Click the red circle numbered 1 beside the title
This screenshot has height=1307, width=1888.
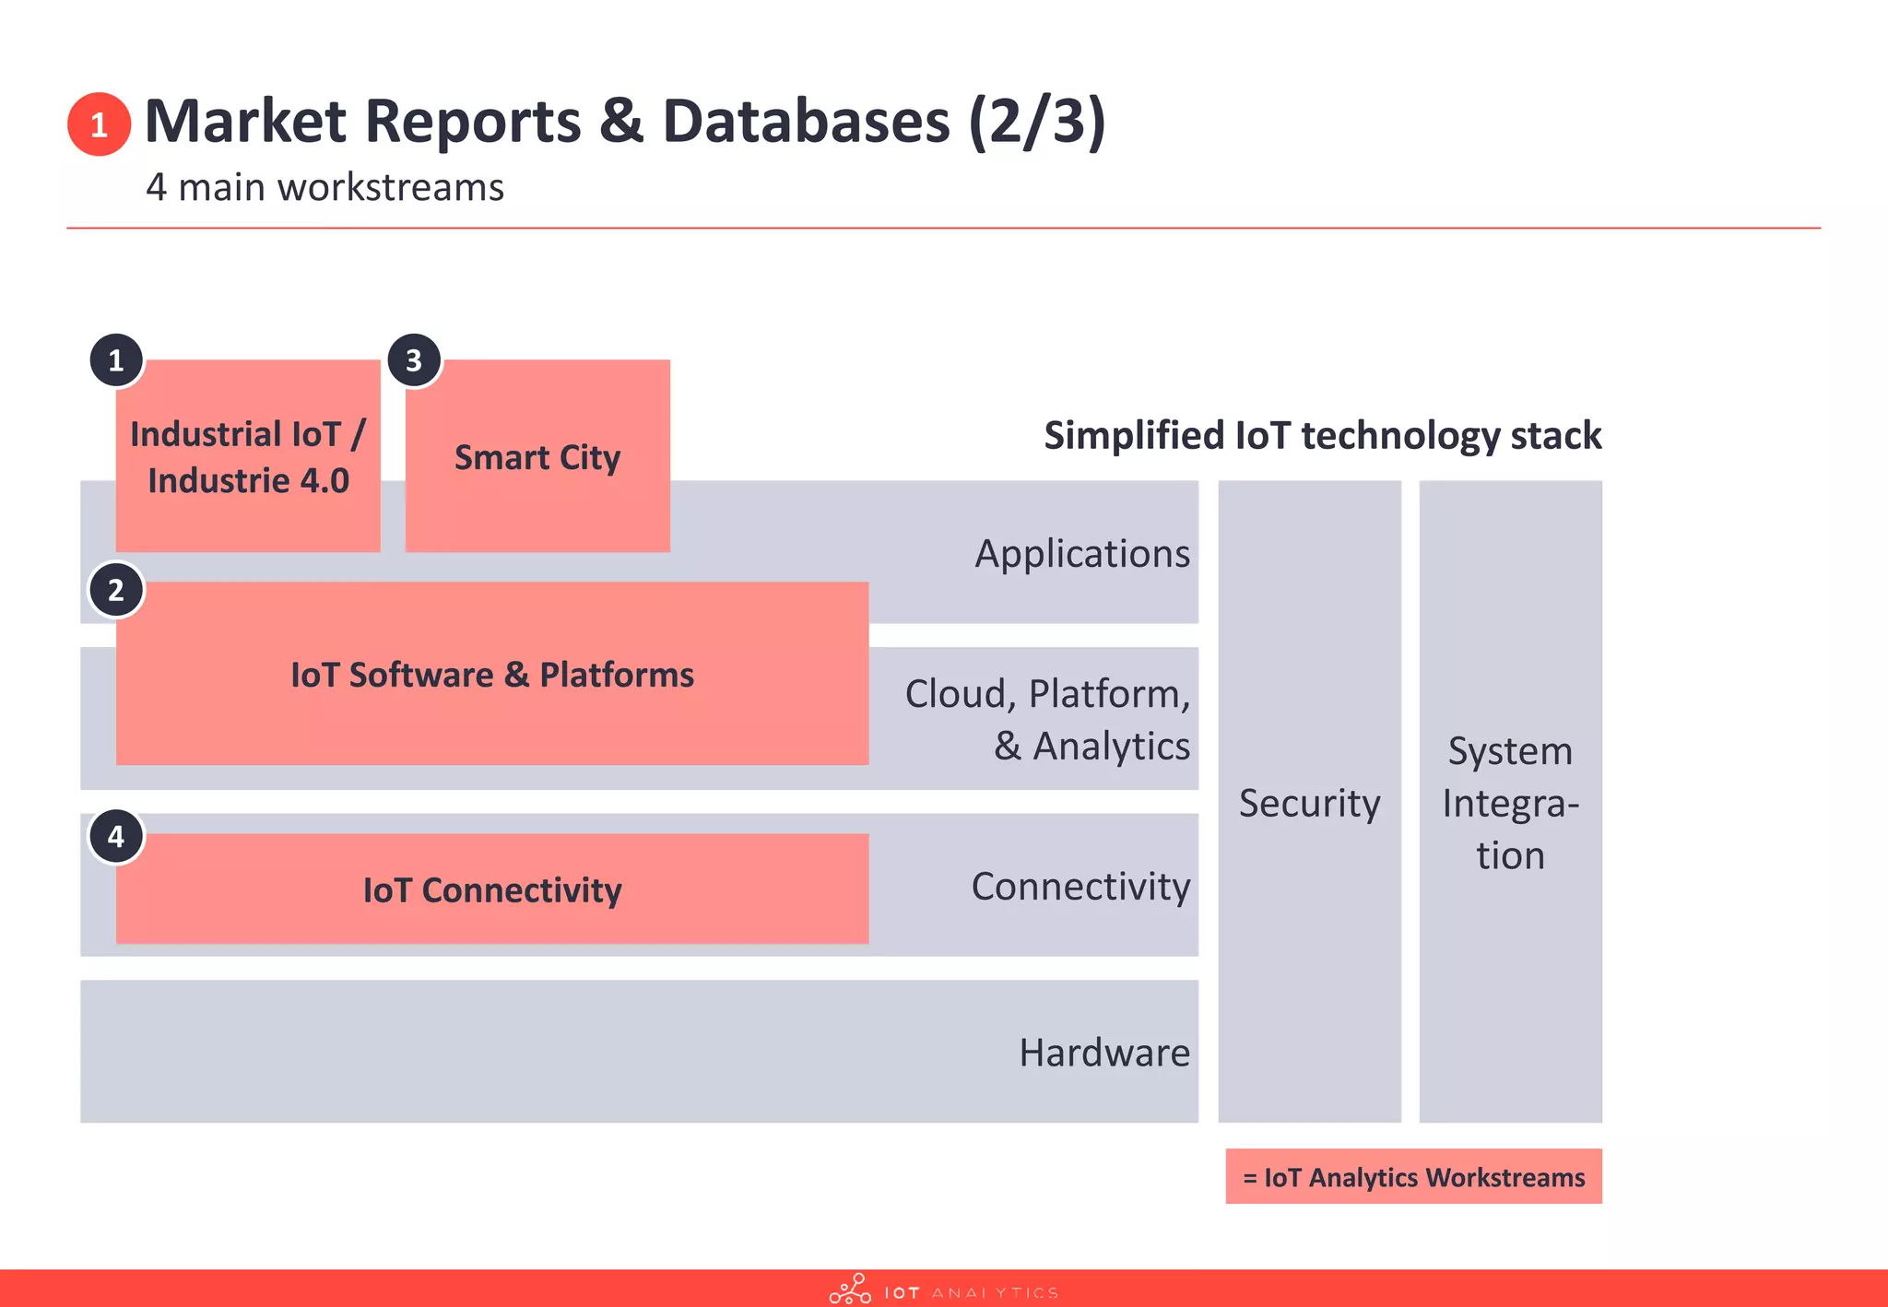pos(99,124)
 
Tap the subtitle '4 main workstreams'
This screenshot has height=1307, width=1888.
pos(324,187)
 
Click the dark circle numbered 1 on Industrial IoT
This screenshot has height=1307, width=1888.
pos(116,360)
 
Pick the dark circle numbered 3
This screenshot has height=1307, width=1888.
pos(414,360)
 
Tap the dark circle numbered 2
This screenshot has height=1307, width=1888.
pos(116,590)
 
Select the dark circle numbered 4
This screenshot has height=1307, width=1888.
pos(116,837)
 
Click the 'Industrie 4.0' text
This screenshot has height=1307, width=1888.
pos(248,481)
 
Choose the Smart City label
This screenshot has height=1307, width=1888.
pos(537,457)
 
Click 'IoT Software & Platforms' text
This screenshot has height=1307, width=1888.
pos(491,675)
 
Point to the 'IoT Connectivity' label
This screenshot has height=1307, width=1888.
pos(491,890)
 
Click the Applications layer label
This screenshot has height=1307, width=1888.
pos(1082,554)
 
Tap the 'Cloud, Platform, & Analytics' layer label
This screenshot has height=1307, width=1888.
pos(1047,720)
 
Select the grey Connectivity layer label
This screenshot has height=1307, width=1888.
pos(1080,887)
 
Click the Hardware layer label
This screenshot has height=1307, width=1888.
pos(1104,1053)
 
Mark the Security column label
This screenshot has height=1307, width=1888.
pos(1309,803)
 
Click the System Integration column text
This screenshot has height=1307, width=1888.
pos(1510,803)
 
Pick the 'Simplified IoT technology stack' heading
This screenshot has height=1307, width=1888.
pos(1322,435)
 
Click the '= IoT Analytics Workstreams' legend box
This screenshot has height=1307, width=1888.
pos(1413,1177)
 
